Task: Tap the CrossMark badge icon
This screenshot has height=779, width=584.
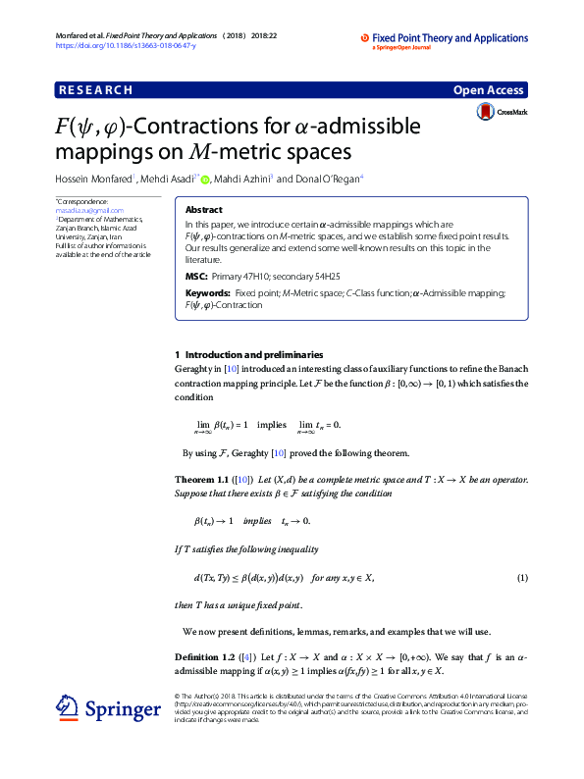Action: (486, 113)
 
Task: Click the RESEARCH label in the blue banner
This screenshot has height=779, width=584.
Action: (95, 90)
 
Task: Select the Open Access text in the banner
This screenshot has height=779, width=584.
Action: (488, 90)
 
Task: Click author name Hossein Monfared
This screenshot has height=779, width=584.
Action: (94, 180)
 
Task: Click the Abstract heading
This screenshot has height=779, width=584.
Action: (203, 210)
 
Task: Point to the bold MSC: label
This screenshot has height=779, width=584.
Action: (195, 277)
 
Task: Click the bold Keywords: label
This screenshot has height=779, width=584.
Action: (208, 293)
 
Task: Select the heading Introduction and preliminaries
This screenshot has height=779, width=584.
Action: (254, 354)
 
